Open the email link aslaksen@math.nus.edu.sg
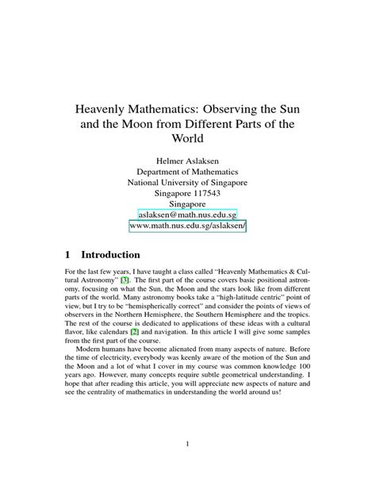(187, 215)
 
